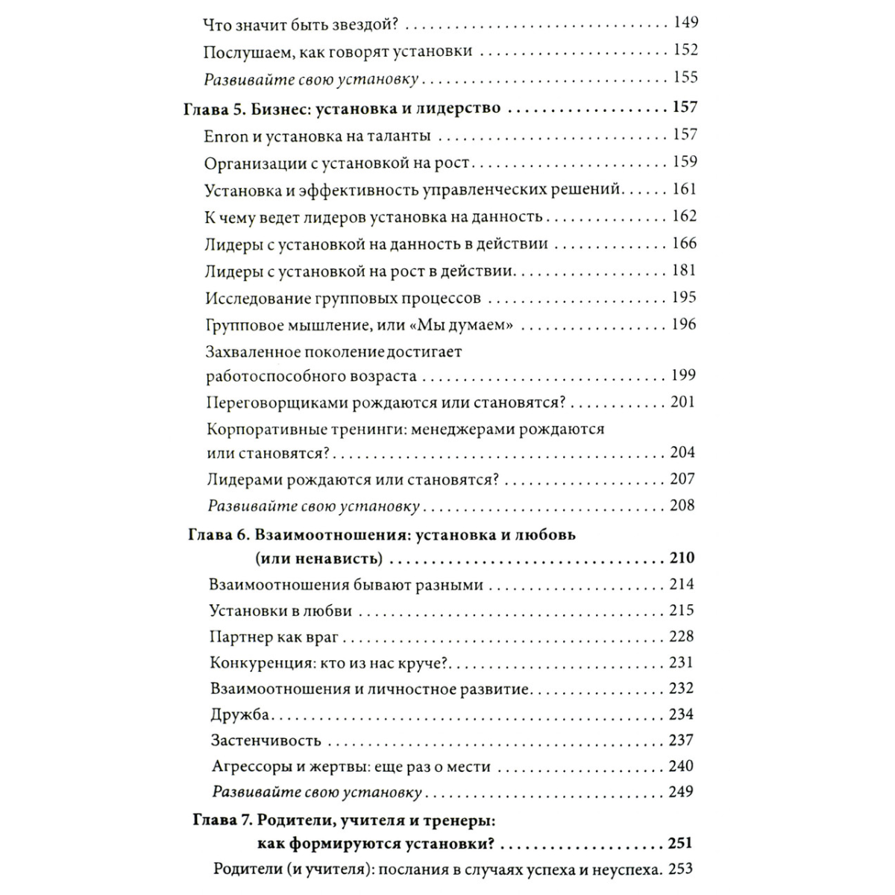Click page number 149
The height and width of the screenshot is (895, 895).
click(685, 23)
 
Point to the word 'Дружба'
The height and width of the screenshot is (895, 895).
click(239, 715)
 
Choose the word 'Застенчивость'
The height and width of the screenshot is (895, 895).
click(266, 741)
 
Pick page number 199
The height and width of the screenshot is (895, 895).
click(683, 375)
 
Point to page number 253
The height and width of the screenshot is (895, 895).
click(681, 869)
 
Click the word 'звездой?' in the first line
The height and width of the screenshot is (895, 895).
click(361, 24)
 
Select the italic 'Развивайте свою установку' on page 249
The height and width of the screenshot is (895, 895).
click(317, 793)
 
